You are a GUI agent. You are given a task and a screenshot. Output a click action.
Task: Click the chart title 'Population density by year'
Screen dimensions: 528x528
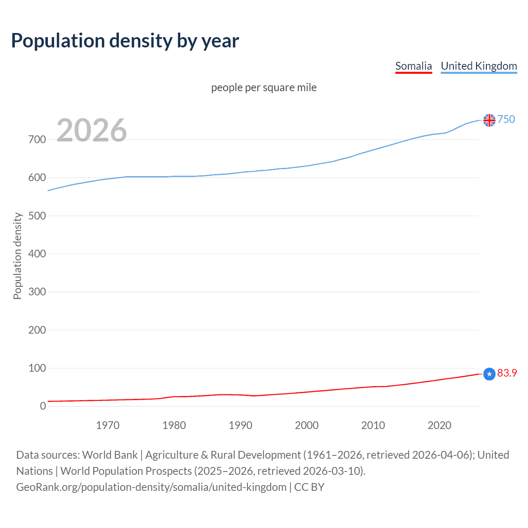125,41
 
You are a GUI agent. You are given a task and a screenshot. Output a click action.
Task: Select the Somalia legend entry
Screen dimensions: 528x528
413,66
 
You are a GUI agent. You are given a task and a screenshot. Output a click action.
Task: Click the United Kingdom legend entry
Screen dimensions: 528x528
478,66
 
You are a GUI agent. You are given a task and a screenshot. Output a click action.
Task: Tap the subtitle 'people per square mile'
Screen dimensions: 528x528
264,87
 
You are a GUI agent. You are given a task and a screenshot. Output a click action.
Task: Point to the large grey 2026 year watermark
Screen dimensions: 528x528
92,130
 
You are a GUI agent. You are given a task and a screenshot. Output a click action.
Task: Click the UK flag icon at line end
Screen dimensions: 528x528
489,120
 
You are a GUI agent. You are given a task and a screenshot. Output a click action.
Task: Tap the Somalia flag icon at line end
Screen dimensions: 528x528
489,374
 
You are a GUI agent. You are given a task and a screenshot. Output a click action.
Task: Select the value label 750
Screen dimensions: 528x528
506,119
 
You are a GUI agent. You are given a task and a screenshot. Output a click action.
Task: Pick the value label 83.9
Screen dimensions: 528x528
507,373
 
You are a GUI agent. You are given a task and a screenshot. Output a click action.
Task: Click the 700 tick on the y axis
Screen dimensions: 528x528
37,139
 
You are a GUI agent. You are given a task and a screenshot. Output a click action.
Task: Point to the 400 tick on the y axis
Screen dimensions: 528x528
37,254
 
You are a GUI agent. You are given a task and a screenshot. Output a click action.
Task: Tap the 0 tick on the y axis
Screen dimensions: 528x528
43,406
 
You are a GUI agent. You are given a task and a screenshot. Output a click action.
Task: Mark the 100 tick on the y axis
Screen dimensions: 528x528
37,368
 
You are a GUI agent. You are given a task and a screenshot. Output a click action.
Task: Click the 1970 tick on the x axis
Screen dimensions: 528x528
108,425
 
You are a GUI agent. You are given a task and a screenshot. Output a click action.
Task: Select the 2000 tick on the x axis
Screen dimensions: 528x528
306,425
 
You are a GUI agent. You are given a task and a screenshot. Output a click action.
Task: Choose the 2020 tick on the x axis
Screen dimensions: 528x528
439,425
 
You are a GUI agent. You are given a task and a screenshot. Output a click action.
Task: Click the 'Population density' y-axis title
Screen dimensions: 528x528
17,256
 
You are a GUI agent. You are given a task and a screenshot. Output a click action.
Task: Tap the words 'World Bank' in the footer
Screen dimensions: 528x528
110,455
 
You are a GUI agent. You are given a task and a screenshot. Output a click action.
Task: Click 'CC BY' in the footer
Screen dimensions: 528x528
309,487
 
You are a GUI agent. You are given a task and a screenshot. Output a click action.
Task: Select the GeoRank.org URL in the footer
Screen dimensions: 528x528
151,487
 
